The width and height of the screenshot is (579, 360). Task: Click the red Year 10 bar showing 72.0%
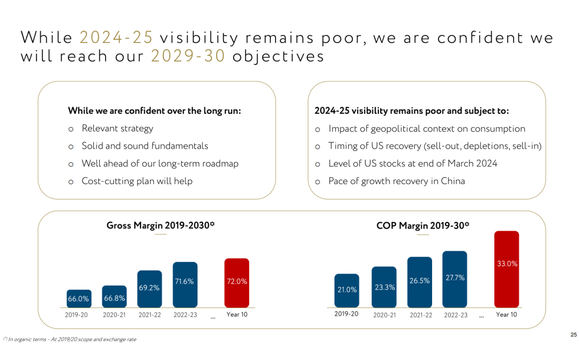(236, 283)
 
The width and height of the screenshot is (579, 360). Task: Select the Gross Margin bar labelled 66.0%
(78, 298)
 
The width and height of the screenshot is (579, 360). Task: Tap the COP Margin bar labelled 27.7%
(455, 279)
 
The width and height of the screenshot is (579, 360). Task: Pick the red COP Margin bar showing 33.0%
(507, 269)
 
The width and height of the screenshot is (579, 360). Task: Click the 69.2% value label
(149, 288)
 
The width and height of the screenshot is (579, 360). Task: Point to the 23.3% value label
(384, 287)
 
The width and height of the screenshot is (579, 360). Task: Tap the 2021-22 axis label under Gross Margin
(149, 315)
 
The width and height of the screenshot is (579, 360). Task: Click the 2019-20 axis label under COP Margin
(346, 314)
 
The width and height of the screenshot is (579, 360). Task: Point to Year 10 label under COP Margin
(506, 314)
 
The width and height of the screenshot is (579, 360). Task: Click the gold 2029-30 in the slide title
(188, 56)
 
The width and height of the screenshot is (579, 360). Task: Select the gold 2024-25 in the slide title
(116, 38)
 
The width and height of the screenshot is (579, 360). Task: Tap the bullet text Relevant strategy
(117, 128)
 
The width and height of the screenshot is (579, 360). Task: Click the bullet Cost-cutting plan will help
(137, 181)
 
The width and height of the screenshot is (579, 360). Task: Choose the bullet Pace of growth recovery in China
(397, 181)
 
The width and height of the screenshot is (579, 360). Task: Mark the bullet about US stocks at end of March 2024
(413, 163)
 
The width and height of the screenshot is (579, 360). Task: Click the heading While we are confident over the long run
(154, 111)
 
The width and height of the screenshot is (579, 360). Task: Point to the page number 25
(573, 335)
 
